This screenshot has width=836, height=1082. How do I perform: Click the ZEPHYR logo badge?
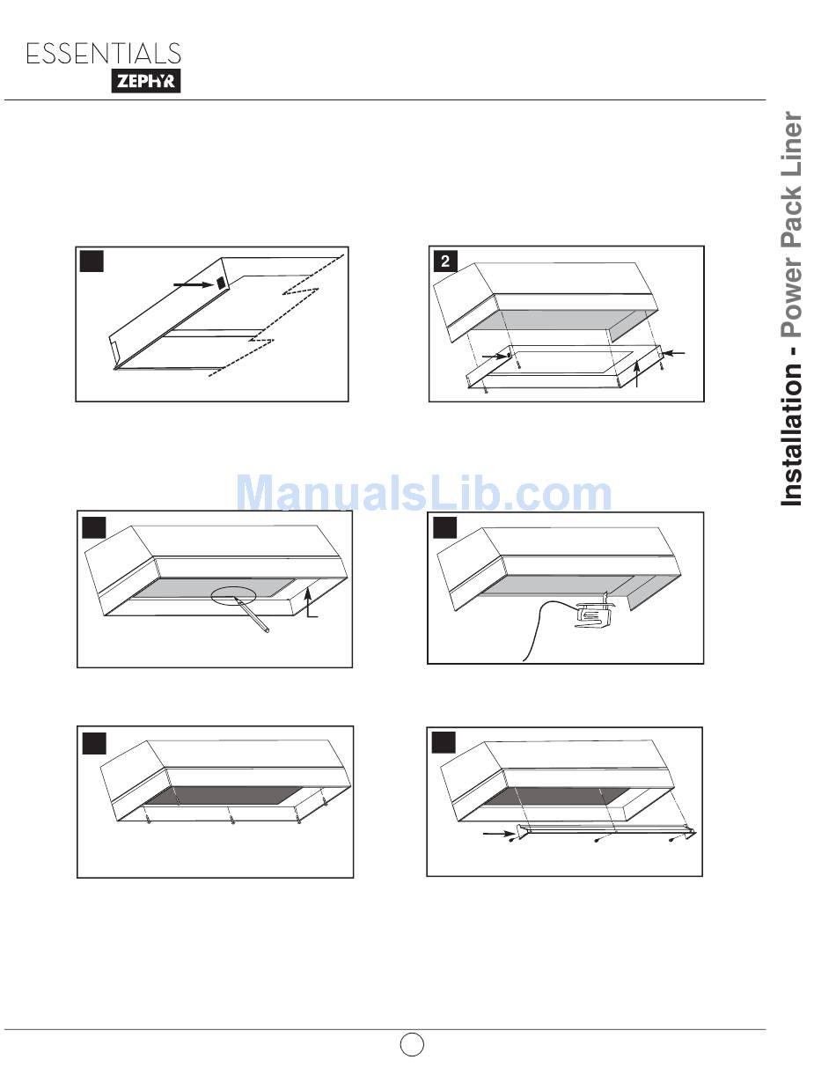click(146, 81)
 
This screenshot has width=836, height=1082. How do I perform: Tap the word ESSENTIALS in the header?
click(104, 54)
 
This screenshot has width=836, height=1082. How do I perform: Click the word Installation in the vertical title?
click(792, 434)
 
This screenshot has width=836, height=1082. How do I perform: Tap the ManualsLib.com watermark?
click(423, 493)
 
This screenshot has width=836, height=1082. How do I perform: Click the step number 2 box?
click(445, 261)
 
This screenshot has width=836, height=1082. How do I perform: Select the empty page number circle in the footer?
click(412, 1045)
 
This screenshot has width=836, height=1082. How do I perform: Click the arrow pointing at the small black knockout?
click(193, 284)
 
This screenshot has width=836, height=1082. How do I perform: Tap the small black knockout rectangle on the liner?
click(221, 283)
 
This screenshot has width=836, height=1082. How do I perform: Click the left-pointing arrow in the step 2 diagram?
click(675, 353)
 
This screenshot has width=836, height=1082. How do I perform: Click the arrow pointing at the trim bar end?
click(499, 833)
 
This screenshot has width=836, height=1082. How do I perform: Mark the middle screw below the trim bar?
click(598, 841)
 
